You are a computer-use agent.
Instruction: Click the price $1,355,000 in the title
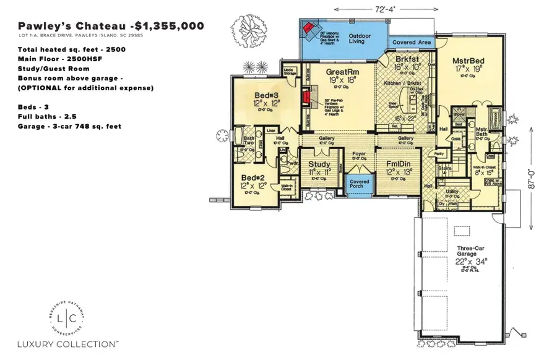coord(168,26)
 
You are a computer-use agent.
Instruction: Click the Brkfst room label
coord(408,59)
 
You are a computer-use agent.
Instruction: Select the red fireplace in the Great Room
coord(304,97)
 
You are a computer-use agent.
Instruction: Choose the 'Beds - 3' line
coord(35,107)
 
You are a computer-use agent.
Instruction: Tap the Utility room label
coord(452,192)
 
